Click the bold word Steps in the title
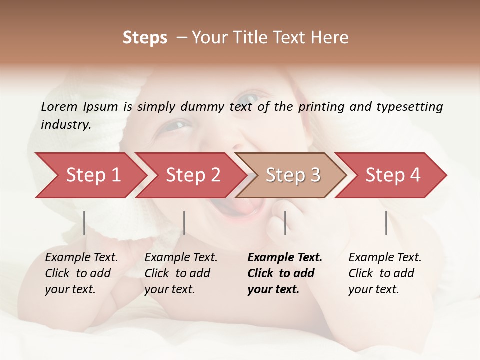145,38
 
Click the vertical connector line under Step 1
84,223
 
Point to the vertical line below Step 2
184,223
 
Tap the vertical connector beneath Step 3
285,223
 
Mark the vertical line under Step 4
386,223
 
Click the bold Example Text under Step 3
285,258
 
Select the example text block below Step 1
81,273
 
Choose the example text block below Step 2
181,273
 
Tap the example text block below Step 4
385,273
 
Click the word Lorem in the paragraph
59,107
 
